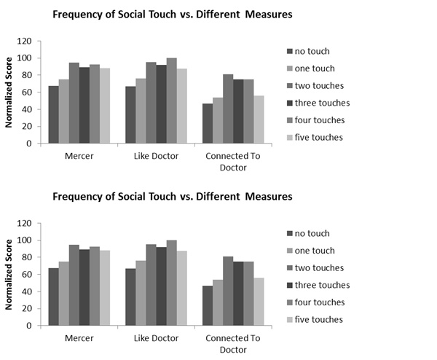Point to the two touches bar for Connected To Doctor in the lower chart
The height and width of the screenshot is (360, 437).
coord(229,291)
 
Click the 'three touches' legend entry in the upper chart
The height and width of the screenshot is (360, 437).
coord(318,102)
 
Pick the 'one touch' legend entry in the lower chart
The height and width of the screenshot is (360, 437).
coord(312,250)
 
